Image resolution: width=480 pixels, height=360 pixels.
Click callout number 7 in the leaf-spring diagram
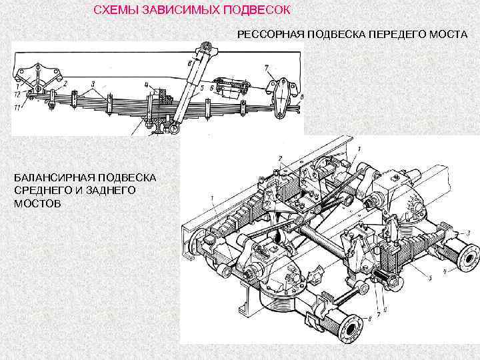pos(266,67)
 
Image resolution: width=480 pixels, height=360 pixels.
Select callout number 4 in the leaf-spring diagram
pos(146,85)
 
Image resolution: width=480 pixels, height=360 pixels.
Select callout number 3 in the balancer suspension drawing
pos(469,232)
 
